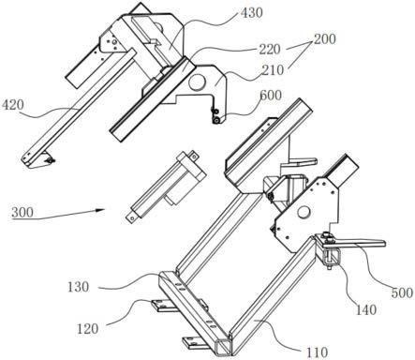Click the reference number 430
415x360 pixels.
[x=252, y=13]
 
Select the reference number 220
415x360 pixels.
[x=270, y=49]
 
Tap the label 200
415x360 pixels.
[x=325, y=39]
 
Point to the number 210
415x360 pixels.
[x=273, y=70]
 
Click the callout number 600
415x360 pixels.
[x=271, y=95]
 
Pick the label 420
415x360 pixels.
[x=13, y=105]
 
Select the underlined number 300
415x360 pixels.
[x=22, y=213]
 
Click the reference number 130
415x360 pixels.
[x=78, y=287]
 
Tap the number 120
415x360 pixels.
[x=87, y=329]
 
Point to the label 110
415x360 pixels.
[x=317, y=352]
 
